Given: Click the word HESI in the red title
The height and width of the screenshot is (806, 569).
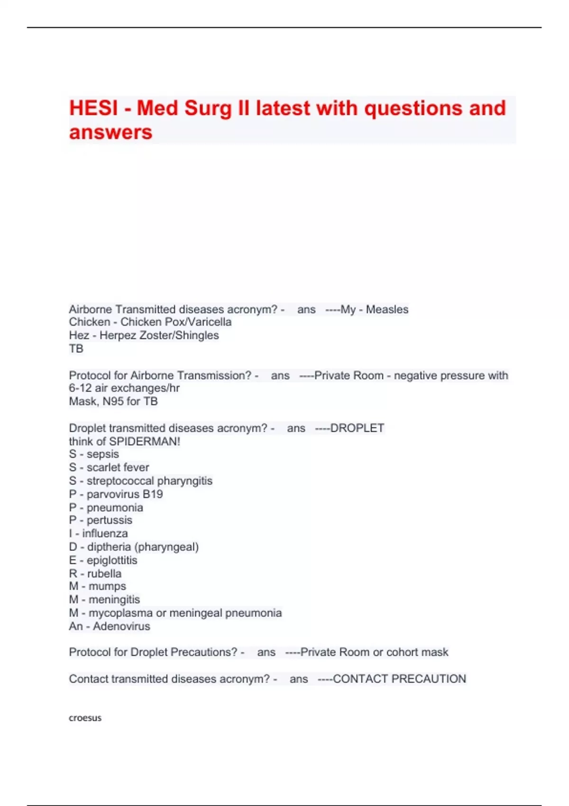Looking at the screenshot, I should click(x=93, y=108).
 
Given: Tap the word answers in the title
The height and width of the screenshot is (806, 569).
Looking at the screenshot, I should click(x=110, y=132).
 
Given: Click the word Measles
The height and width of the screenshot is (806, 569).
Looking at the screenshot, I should click(x=387, y=310).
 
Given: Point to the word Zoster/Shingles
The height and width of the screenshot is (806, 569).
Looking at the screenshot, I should click(x=184, y=336).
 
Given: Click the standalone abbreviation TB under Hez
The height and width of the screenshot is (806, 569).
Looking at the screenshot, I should click(x=76, y=349).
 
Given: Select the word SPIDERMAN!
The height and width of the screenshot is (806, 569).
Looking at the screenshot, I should click(x=145, y=441).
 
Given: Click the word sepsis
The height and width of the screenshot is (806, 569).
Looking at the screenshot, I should click(x=102, y=454).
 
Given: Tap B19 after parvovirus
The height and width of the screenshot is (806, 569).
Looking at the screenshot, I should click(x=153, y=495).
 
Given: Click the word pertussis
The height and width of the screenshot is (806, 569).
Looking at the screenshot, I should click(x=109, y=520).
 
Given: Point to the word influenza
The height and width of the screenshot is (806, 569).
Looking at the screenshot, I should click(x=105, y=533).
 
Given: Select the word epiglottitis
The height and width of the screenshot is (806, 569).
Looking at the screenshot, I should click(x=112, y=560).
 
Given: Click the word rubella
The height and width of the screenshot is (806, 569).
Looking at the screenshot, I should click(x=104, y=574).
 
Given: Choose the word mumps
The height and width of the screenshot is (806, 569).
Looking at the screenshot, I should click(x=107, y=586).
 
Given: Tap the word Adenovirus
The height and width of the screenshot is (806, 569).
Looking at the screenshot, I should click(x=121, y=626).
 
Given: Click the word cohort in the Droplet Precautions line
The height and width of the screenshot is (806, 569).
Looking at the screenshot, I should click(x=402, y=652).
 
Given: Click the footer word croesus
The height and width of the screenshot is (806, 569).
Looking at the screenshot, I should click(x=85, y=718).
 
